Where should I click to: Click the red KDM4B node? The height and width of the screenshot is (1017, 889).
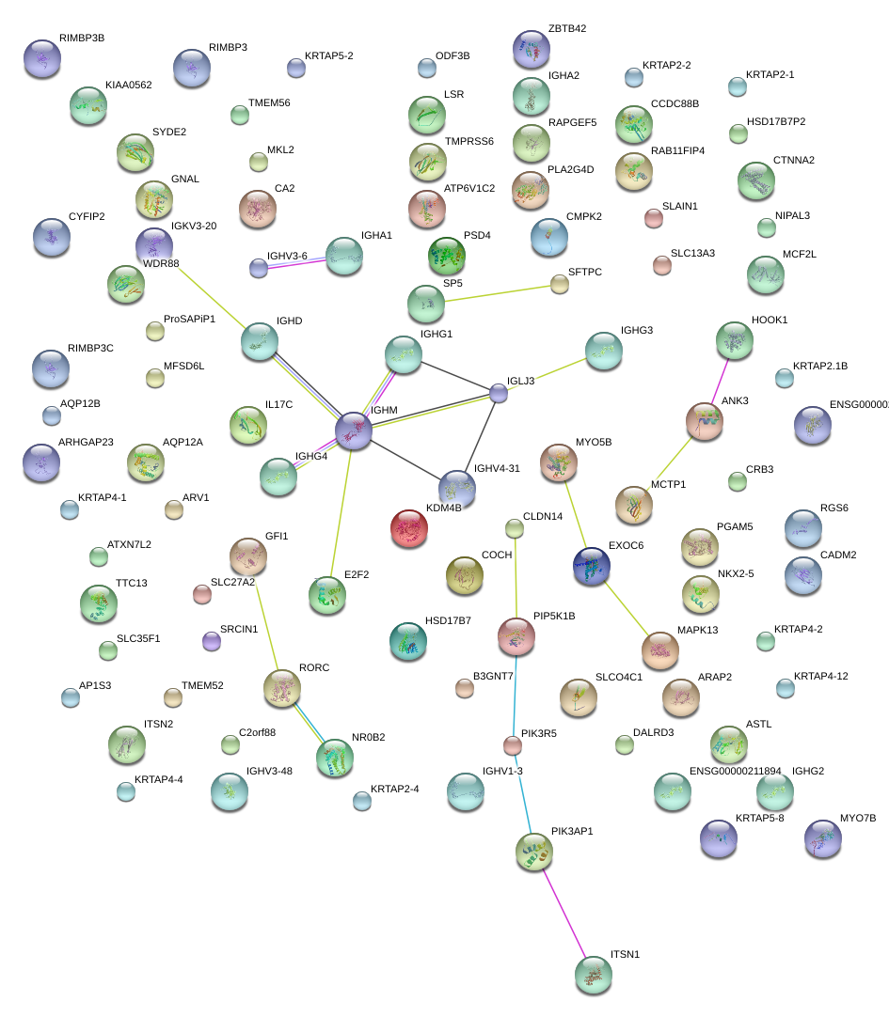[x=408, y=528]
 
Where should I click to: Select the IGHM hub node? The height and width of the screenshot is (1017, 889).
[x=355, y=430]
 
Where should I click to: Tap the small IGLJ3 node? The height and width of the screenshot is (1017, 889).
[x=499, y=393]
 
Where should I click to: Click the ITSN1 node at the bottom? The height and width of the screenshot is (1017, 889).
[x=593, y=976]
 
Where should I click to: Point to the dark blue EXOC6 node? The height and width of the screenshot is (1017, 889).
[x=592, y=566]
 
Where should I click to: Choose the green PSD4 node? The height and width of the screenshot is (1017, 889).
[x=447, y=255]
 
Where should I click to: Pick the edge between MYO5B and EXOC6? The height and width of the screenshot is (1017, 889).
[x=575, y=514]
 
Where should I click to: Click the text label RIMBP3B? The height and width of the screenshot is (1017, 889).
[x=82, y=39]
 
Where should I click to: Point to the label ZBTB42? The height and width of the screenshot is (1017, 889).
[x=567, y=29]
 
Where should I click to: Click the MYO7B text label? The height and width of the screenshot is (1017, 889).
[x=857, y=819]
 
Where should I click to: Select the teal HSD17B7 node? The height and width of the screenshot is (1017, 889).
[x=408, y=640]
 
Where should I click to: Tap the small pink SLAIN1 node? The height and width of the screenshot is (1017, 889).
[x=653, y=218]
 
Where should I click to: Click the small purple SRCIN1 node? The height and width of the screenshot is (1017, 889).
[x=212, y=641]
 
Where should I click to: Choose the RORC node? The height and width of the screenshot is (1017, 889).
[x=281, y=689]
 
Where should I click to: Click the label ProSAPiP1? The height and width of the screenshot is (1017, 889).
[x=189, y=319]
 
